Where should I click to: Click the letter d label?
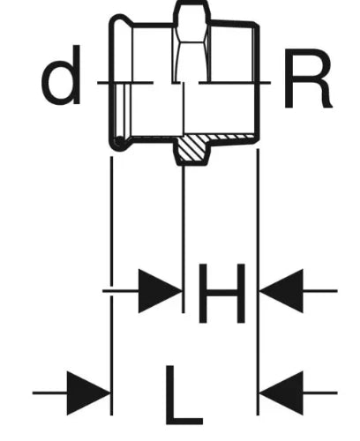coord(62,75)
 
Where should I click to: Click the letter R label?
coord(308,78)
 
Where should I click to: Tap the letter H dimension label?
coord(221,294)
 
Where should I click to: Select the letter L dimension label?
coord(184,395)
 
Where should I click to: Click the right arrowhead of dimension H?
coord(281,291)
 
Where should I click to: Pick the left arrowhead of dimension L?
coord(89,393)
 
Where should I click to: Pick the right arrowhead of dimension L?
coord(281,393)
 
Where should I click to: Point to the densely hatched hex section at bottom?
coord(192,149)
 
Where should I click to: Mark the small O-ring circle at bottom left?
coord(119,142)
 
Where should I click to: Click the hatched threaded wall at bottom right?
coord(232,138)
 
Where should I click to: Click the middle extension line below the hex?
coord(184,239)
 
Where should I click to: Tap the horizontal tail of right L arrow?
coord(320,392)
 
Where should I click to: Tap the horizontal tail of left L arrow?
coord(49,392)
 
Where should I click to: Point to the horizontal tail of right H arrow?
coord(320,291)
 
